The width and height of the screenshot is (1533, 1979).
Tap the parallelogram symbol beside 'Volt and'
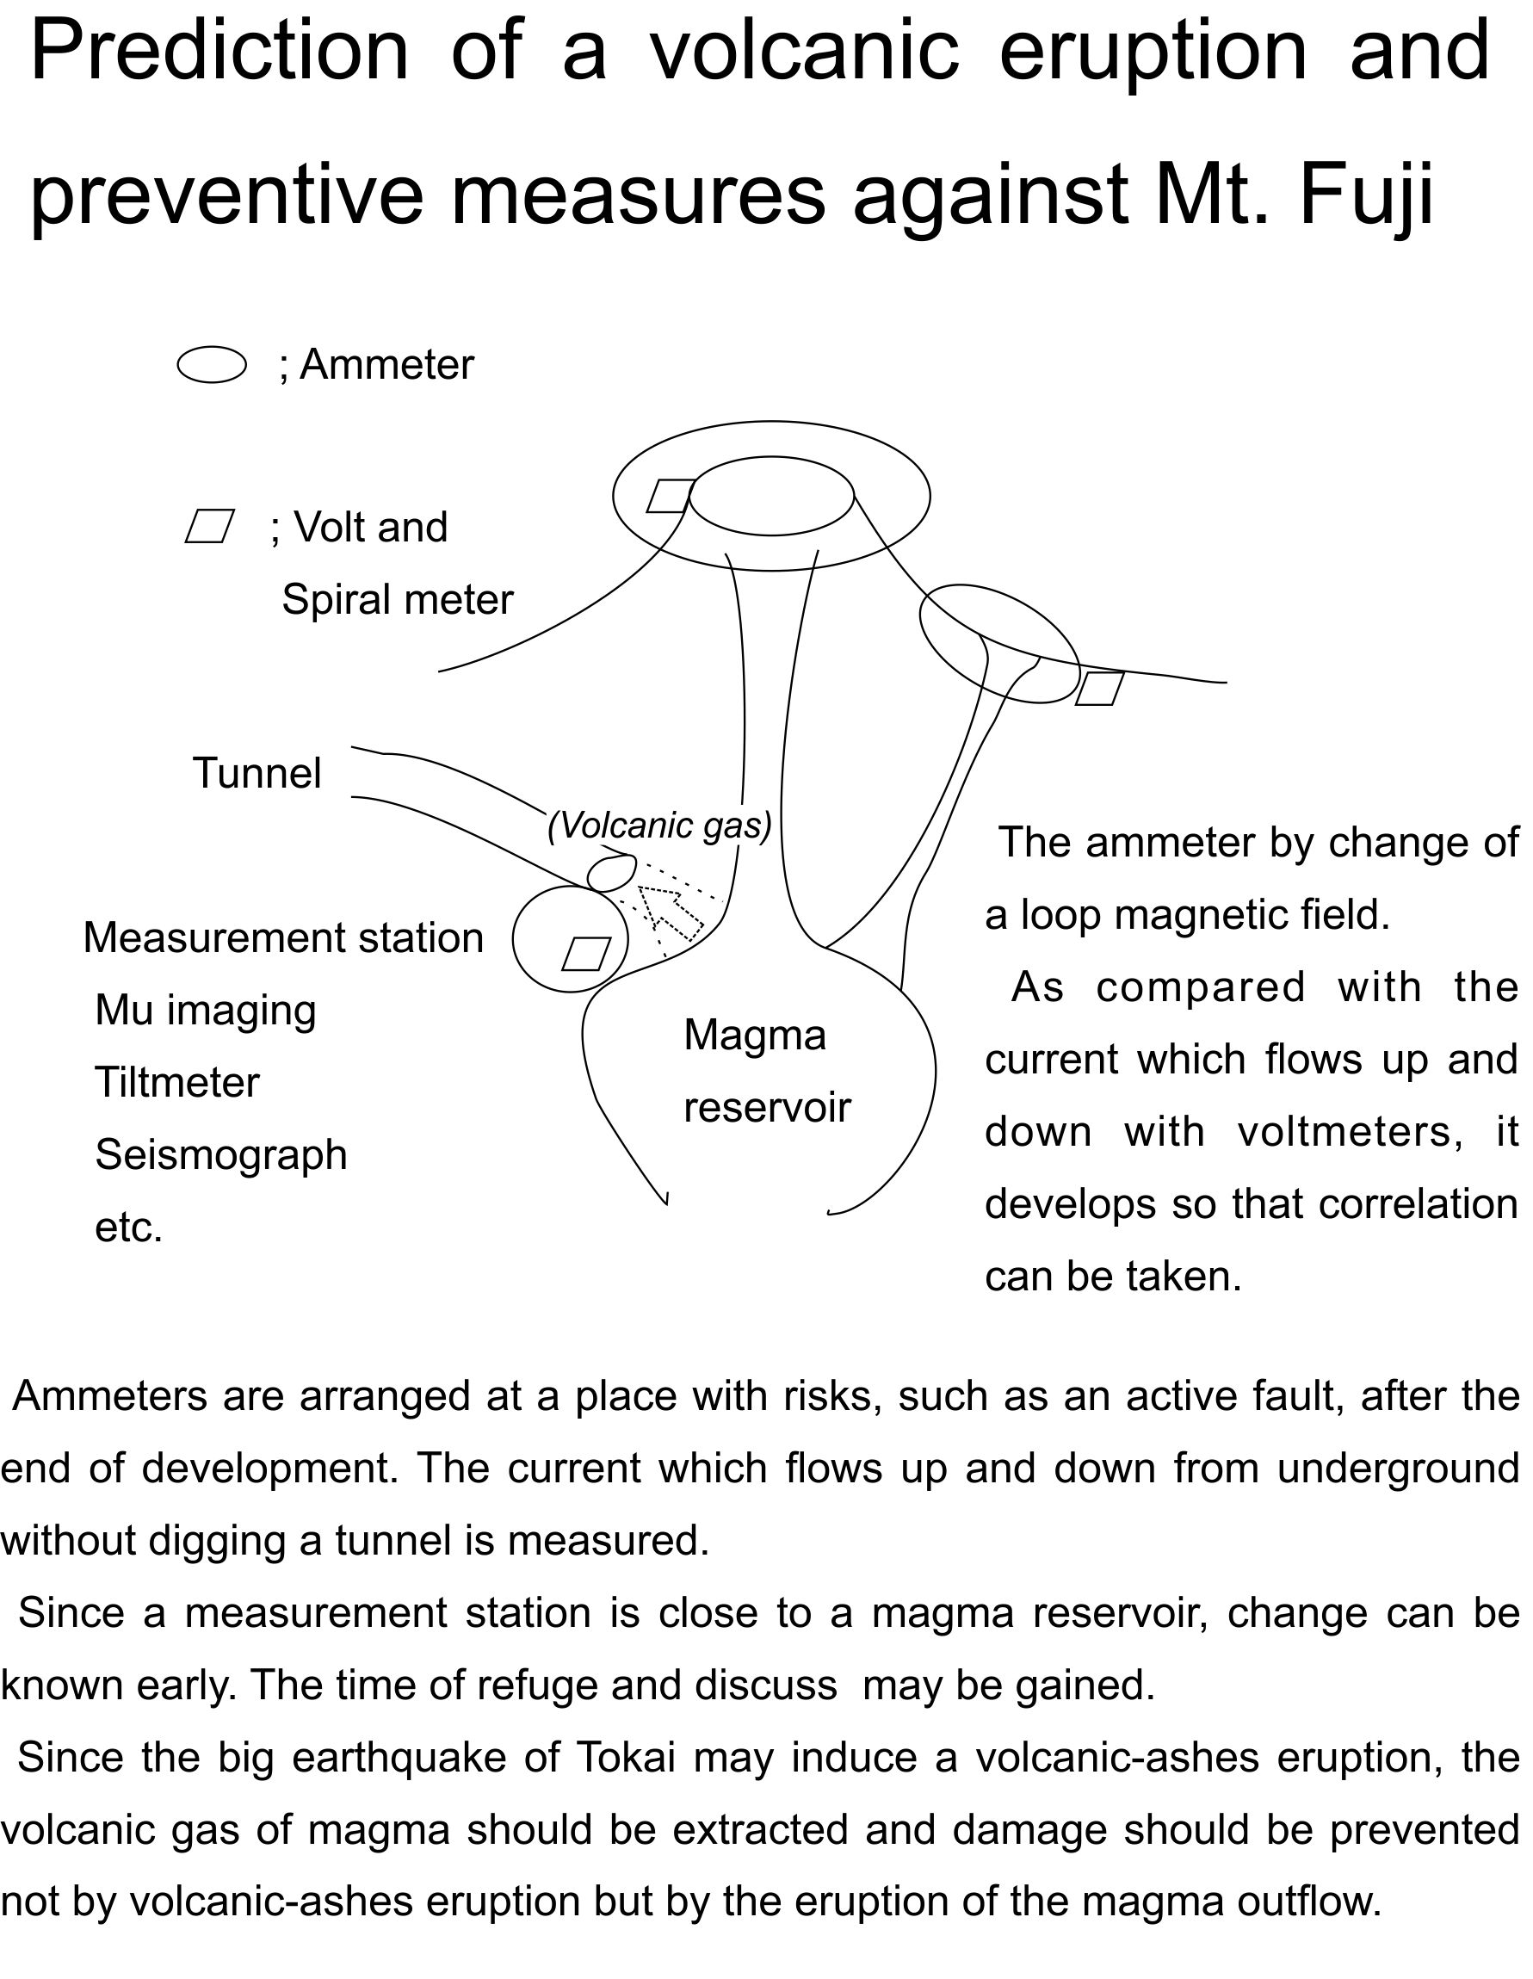210,527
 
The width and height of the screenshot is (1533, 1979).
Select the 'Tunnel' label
257,773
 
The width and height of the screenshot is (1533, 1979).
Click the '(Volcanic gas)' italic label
659,826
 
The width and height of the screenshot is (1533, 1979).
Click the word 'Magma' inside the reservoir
755,1035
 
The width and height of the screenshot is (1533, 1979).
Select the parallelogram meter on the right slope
1100,688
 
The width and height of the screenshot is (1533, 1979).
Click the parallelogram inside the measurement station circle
586,953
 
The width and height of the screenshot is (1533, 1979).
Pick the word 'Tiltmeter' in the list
177,1083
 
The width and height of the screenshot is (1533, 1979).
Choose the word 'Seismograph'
221,1155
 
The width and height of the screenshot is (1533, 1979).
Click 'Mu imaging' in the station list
206,1011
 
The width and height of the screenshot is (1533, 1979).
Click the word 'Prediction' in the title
220,51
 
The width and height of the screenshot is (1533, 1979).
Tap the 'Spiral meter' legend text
398,600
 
